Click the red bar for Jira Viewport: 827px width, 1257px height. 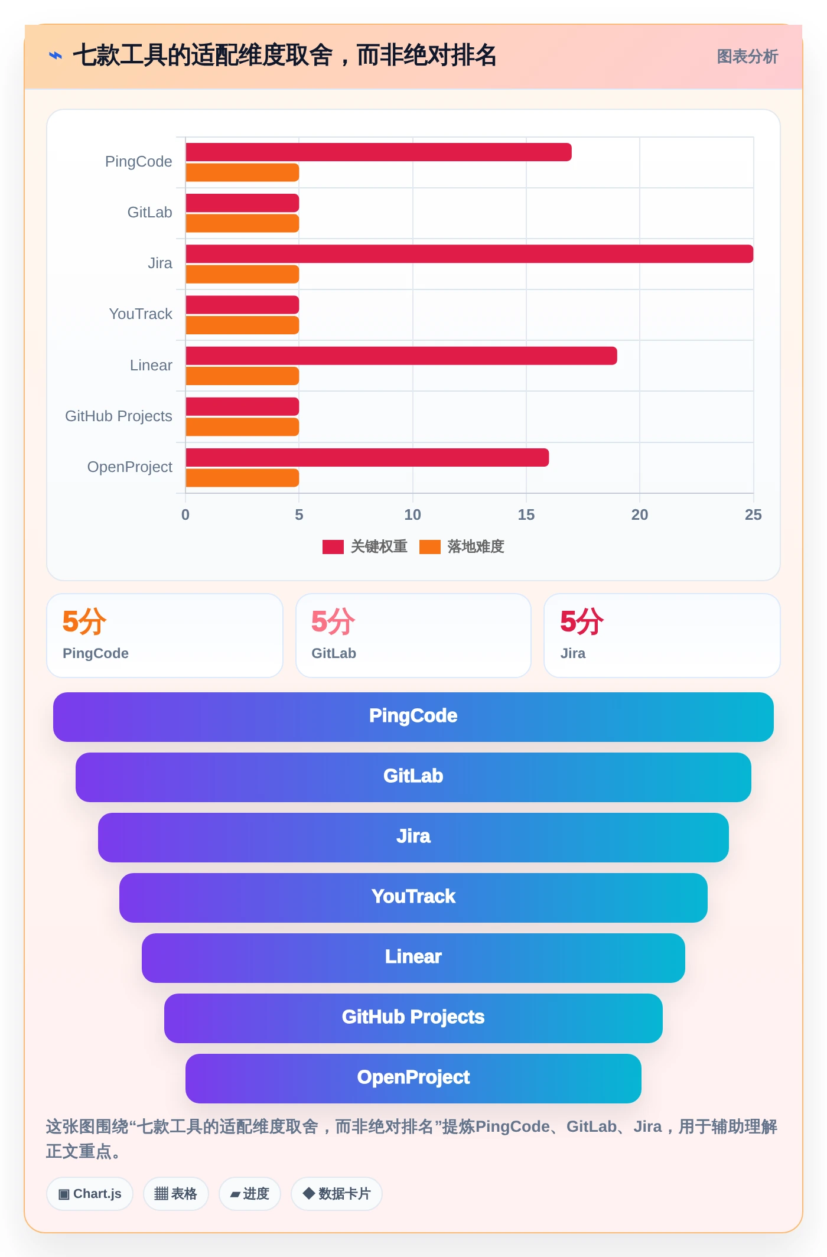tap(469, 254)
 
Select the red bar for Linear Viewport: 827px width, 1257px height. tap(401, 356)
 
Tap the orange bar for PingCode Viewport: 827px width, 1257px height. tap(242, 172)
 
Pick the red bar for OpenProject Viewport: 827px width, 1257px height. tap(367, 457)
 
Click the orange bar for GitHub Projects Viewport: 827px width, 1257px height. tap(242, 427)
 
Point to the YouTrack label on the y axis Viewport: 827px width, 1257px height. tap(141, 314)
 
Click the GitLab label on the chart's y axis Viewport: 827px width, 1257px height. tap(150, 213)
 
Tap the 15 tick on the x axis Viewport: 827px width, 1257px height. tap(526, 515)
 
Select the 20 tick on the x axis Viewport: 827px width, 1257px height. tap(640, 515)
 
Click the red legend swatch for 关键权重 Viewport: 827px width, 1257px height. tap(333, 547)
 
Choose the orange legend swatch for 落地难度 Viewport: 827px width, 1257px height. tap(430, 547)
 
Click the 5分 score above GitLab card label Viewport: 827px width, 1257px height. tap(333, 622)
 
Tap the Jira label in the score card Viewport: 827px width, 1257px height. tap(573, 653)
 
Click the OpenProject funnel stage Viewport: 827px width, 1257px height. tap(413, 1079)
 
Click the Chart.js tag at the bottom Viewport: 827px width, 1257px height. tap(90, 1194)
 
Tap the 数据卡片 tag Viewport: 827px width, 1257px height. tap(337, 1194)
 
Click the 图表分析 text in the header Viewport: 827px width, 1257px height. tap(747, 57)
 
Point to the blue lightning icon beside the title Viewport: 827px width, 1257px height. tap(55, 56)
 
